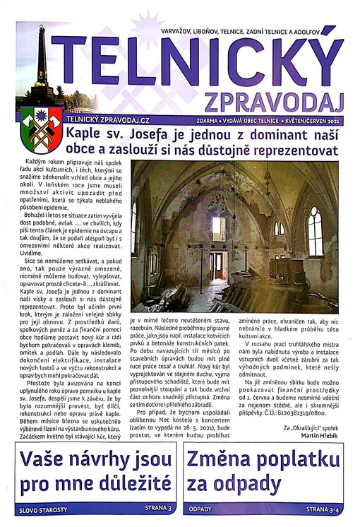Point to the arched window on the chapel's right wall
[x=314, y=230]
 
